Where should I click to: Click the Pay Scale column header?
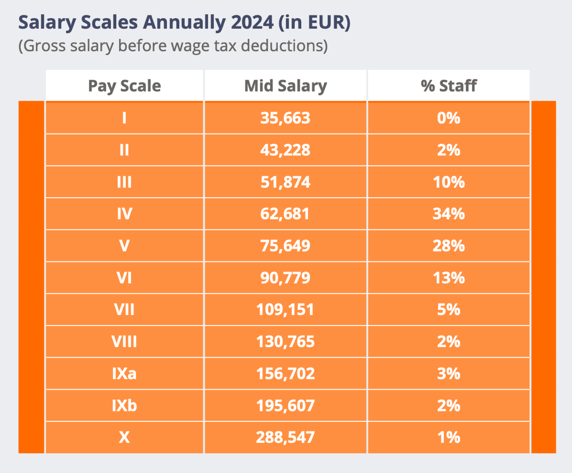[124, 86]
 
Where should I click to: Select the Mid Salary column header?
[286, 86]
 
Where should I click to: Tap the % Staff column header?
[449, 86]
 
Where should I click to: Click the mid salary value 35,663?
[286, 118]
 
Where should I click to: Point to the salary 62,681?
[286, 214]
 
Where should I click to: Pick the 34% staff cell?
[449, 214]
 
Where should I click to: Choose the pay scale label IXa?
[124, 374]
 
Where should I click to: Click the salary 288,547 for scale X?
[286, 437]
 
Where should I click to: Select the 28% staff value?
[449, 246]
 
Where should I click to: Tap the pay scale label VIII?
[124, 342]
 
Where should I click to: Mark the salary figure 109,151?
[286, 310]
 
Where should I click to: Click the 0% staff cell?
[449, 118]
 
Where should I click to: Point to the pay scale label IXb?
[124, 406]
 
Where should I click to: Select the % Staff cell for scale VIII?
[449, 342]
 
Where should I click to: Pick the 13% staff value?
[449, 278]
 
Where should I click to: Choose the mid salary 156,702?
[286, 374]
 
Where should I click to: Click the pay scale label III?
[124, 182]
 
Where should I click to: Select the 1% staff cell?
[449, 437]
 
